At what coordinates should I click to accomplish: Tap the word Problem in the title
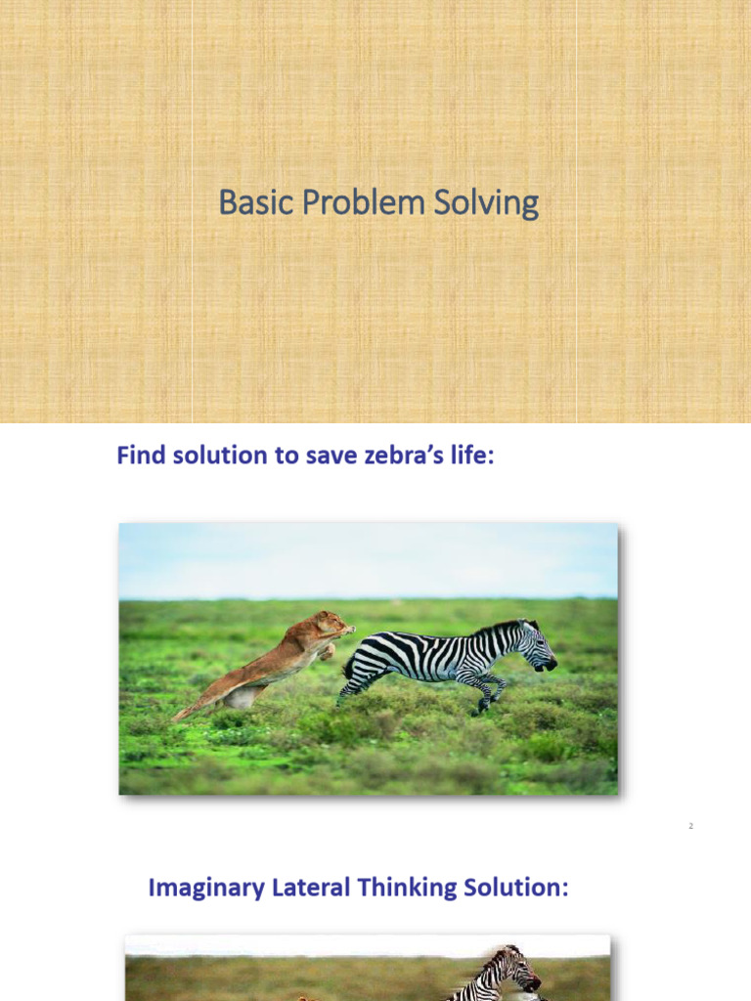(x=364, y=202)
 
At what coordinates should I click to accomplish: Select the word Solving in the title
(x=486, y=203)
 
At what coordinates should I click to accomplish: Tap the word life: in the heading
(x=472, y=456)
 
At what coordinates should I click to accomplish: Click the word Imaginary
(x=206, y=888)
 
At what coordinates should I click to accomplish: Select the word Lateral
(x=311, y=888)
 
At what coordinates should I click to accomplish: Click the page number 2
(x=690, y=826)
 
